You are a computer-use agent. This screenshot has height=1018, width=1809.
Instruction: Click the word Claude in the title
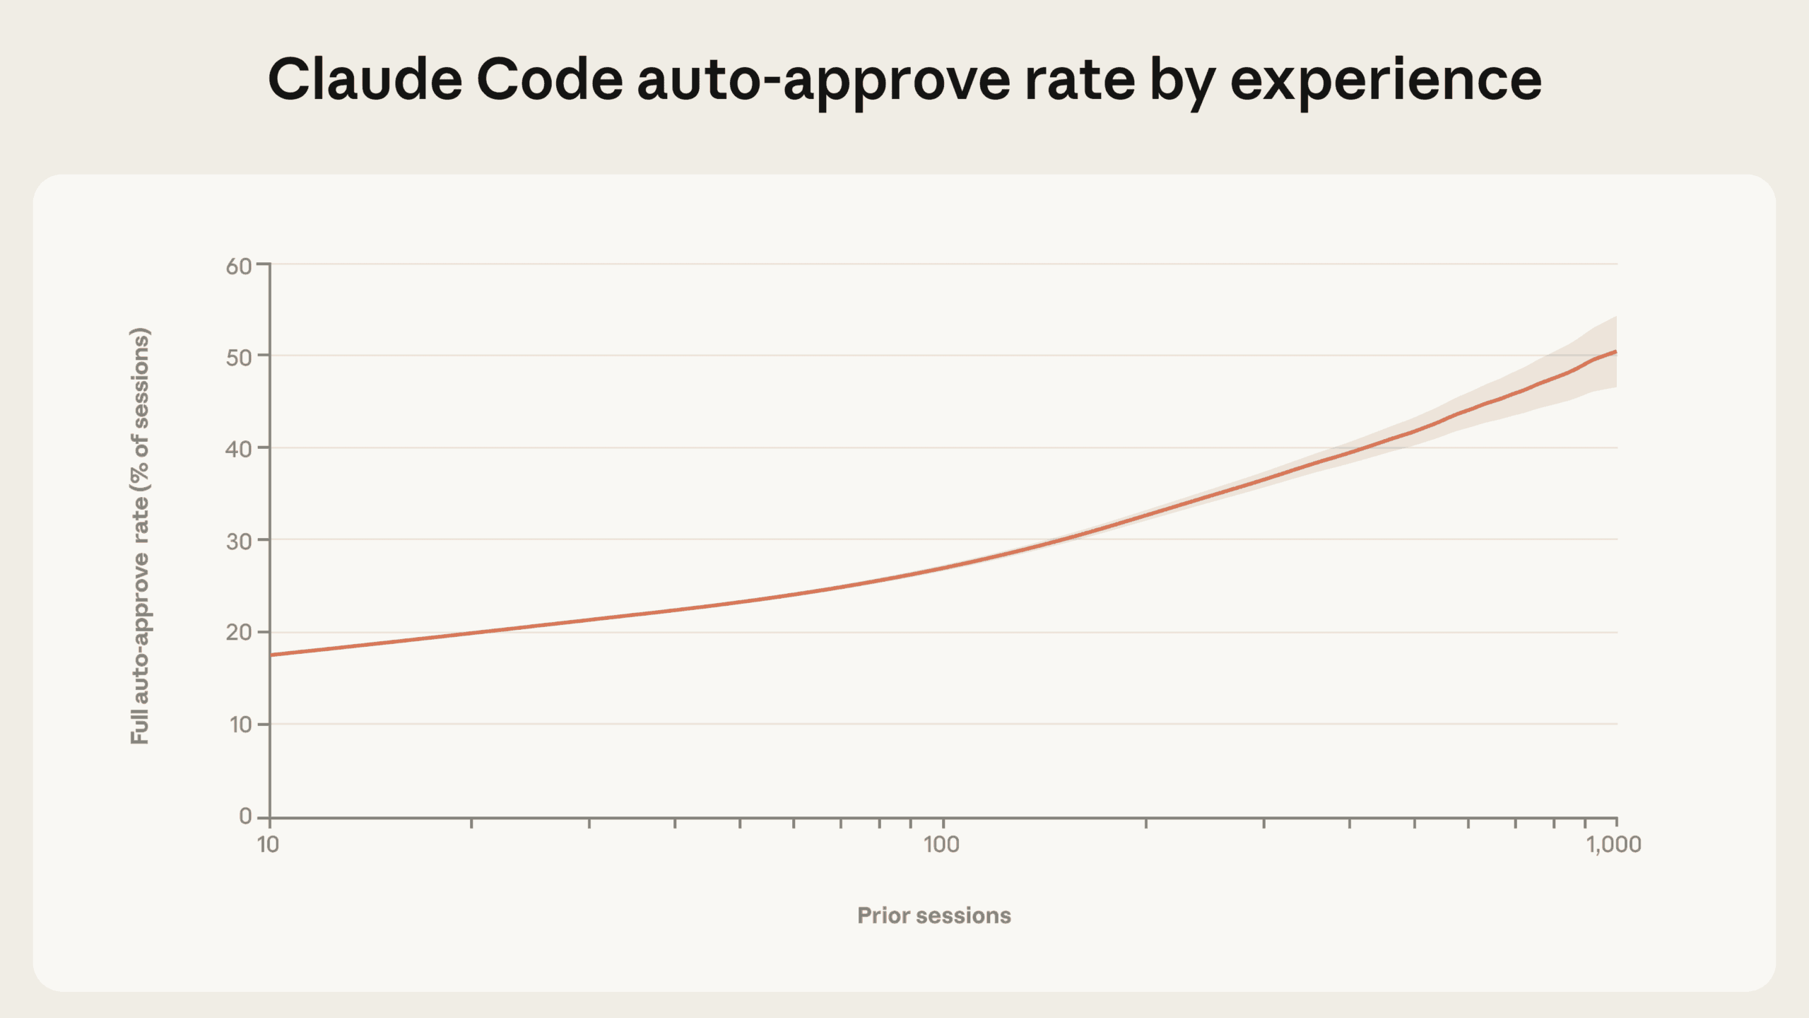click(x=365, y=79)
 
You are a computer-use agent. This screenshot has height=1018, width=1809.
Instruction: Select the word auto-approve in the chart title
click(x=823, y=79)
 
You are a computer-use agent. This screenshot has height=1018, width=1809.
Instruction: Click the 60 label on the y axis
click(x=239, y=266)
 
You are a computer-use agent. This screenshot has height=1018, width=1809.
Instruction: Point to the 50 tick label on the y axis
click(x=239, y=357)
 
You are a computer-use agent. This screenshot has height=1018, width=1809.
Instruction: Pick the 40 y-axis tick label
click(x=239, y=449)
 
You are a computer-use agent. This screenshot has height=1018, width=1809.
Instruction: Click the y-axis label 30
click(x=239, y=541)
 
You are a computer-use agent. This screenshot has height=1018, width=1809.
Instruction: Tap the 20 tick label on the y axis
click(x=239, y=632)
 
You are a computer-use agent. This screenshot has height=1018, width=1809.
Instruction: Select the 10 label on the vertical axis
click(x=240, y=724)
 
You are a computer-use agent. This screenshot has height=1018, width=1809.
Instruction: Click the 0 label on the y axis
click(x=245, y=816)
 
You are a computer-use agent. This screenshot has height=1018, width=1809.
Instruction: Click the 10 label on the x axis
click(x=268, y=843)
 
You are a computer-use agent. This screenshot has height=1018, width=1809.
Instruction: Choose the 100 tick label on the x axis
click(x=941, y=843)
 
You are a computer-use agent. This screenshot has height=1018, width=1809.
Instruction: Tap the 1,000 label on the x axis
click(x=1614, y=843)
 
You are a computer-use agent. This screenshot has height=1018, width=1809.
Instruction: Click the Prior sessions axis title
click(x=933, y=915)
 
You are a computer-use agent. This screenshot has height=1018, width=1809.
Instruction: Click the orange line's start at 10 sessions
click(x=271, y=655)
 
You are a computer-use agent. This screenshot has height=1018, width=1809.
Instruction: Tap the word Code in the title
click(x=550, y=79)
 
